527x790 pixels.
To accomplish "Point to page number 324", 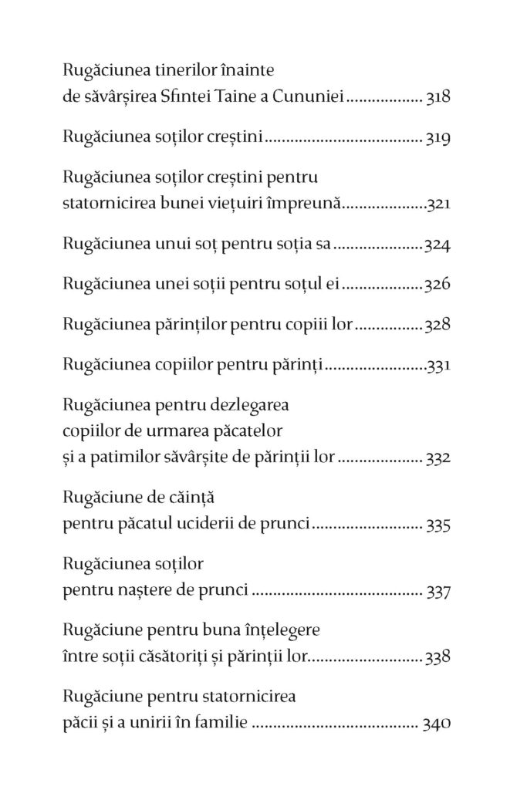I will pos(438,246).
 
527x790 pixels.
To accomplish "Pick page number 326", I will pos(438,286).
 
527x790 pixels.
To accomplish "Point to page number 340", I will pos(437,724).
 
